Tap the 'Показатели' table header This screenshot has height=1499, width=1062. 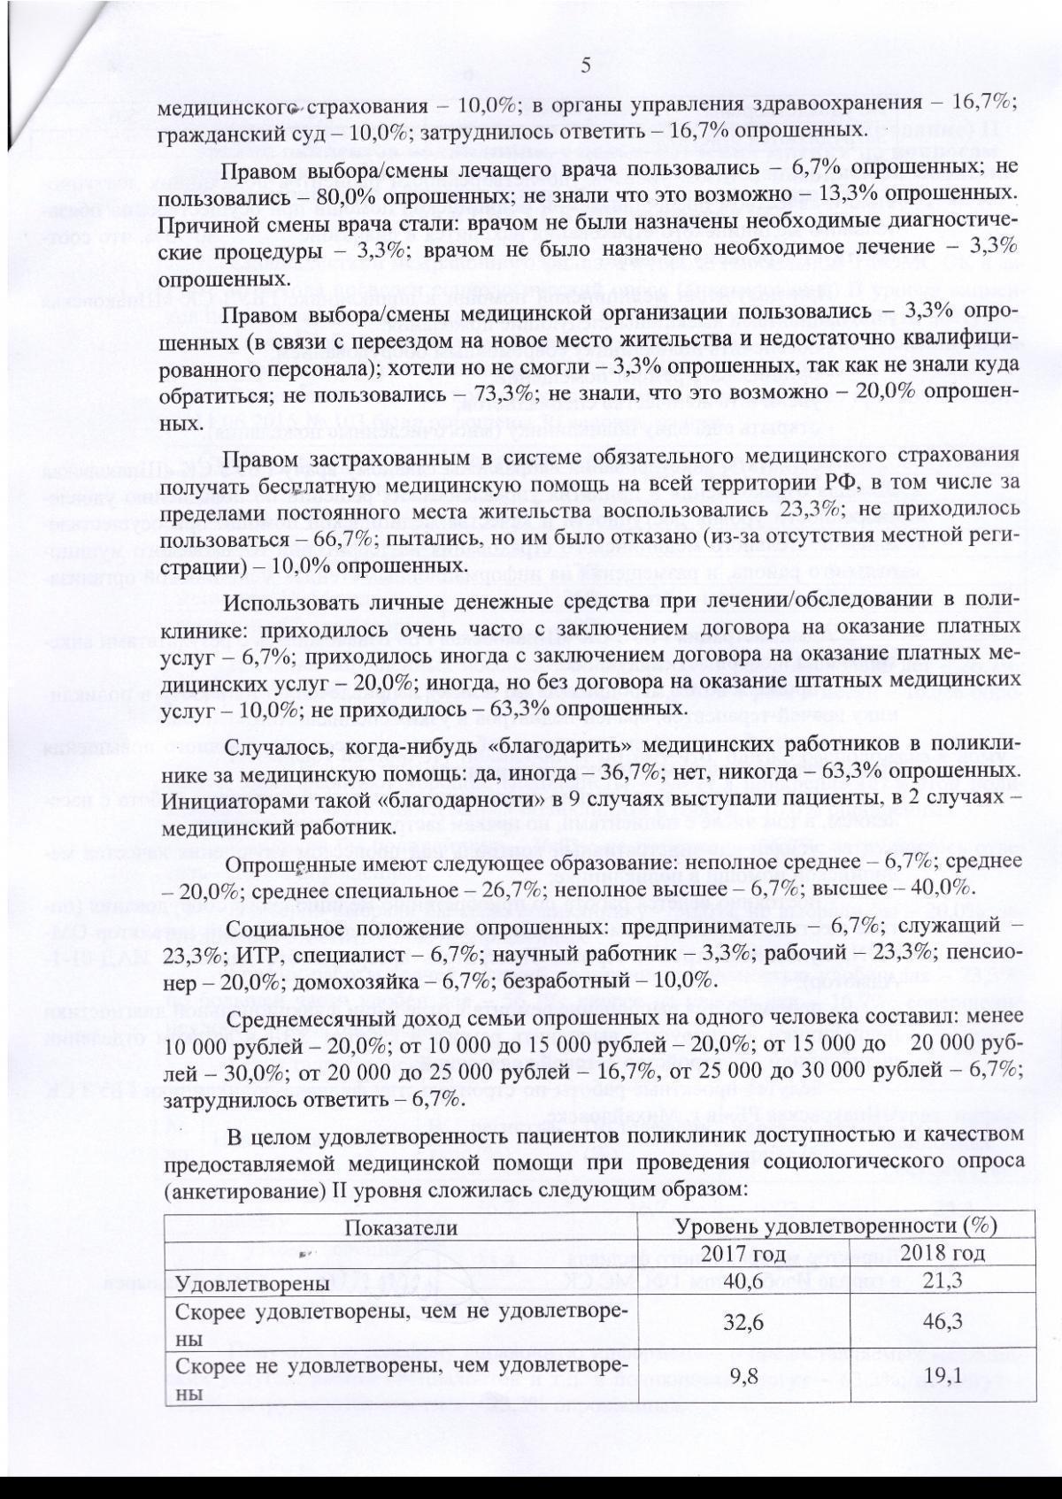tap(401, 1227)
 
